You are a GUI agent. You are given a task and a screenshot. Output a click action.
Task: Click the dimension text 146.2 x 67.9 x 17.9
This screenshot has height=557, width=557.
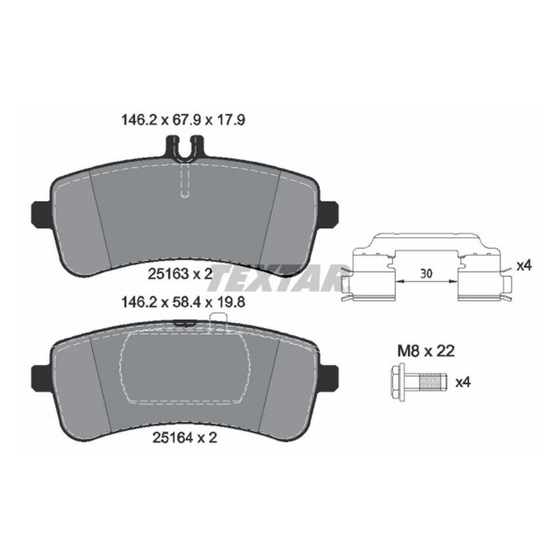pyautogui.click(x=184, y=121)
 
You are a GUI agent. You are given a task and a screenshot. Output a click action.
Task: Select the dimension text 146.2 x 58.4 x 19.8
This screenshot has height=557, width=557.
pyautogui.click(x=184, y=304)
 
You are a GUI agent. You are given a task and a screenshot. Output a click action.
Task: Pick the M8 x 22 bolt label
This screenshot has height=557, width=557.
pyautogui.click(x=425, y=352)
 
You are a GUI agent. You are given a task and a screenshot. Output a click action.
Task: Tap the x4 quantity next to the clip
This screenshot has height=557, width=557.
pyautogui.click(x=523, y=266)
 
